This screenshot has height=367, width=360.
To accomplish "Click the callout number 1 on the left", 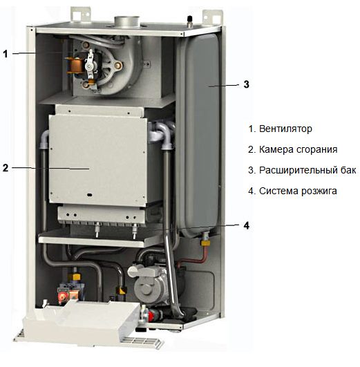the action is coord(6,54).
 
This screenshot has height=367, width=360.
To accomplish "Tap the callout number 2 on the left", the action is coord(6,168).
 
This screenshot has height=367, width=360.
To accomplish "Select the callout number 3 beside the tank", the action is coord(246,84).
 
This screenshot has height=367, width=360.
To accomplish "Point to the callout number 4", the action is coord(247,225).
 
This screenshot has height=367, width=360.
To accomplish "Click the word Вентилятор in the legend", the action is coord(285,129).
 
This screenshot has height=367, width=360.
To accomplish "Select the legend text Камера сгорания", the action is coord(299,149).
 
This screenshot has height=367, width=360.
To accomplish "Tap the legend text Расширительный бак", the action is coord(307,170).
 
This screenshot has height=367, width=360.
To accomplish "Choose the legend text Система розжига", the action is coord(298,191).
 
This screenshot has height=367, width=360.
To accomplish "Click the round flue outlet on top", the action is coord(127,22).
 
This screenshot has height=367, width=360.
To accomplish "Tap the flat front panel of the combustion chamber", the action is coord(97,160).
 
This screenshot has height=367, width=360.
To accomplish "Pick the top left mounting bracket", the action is coord(81,15).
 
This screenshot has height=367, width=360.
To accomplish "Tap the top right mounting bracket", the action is coord(212,17).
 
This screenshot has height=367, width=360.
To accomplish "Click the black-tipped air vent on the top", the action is coord(190,21).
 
